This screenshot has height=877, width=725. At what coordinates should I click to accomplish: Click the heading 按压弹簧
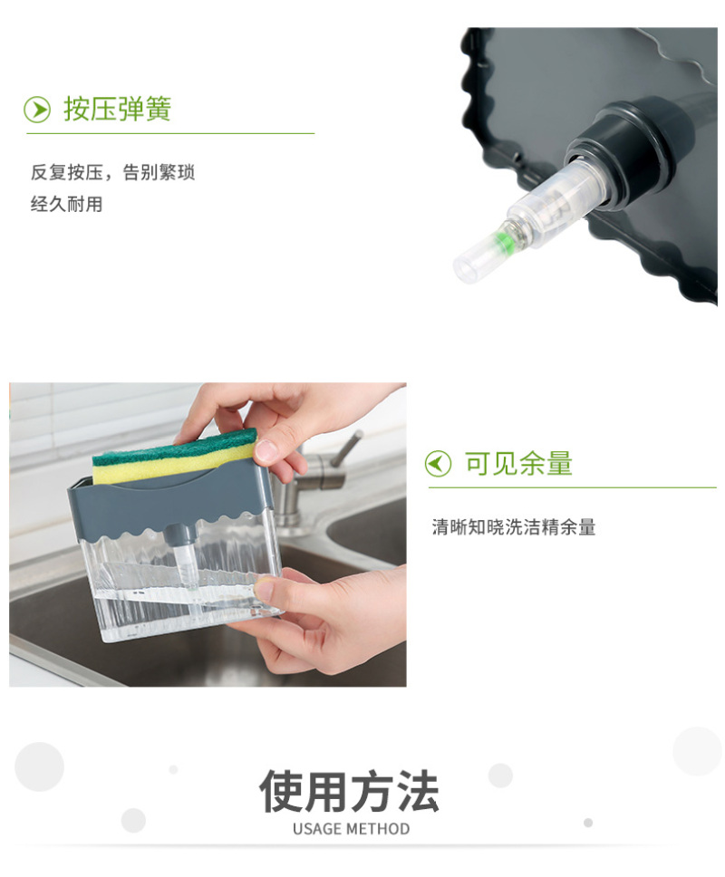tap(117, 109)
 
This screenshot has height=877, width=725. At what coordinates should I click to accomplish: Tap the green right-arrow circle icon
tap(37, 110)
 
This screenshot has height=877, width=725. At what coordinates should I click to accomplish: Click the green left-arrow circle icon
tap(438, 464)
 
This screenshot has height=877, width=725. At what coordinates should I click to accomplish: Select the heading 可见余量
tap(518, 464)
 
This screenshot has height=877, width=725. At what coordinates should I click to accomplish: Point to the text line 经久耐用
tap(66, 205)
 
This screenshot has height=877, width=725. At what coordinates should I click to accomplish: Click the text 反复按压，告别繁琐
tap(112, 172)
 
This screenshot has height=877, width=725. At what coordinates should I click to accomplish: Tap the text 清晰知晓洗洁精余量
tap(514, 527)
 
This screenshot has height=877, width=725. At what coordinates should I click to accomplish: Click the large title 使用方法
tap(350, 791)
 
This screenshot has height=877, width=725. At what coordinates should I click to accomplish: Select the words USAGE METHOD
tap(352, 829)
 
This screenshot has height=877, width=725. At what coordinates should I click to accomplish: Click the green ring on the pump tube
tap(505, 241)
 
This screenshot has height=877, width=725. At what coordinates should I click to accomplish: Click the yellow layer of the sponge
tap(168, 464)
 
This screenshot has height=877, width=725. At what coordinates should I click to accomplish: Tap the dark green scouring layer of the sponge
tap(173, 446)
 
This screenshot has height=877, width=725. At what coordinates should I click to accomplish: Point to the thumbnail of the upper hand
tap(266, 451)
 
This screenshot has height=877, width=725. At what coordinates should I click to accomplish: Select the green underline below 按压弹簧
tap(170, 134)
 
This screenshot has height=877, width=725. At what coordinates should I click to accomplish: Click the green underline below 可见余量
tap(572, 487)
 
